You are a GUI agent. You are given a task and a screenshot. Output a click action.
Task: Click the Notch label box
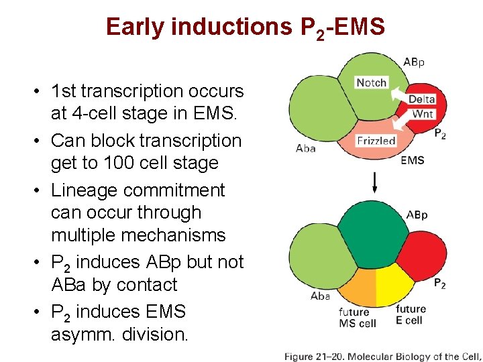tap(371, 82)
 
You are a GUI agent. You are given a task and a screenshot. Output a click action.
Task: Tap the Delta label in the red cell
tap(421, 99)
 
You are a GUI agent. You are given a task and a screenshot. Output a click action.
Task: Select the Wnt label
tap(422, 113)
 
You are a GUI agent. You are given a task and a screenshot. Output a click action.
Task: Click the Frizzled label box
tap(376, 141)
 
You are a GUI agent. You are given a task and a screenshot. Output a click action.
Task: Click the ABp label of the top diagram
tap(414, 62)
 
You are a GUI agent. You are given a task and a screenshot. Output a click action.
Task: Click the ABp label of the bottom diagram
tap(417, 215)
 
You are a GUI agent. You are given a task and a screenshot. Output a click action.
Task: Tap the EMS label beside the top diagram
tap(412, 160)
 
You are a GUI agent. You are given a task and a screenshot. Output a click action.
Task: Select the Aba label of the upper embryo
tap(305, 148)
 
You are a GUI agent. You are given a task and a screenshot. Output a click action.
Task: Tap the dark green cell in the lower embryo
tap(372, 235)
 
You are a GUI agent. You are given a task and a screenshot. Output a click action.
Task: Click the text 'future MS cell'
tap(357, 318)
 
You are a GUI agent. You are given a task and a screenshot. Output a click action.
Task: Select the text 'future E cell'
tap(411, 314)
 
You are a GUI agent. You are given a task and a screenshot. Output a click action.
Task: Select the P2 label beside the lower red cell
tap(439, 284)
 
